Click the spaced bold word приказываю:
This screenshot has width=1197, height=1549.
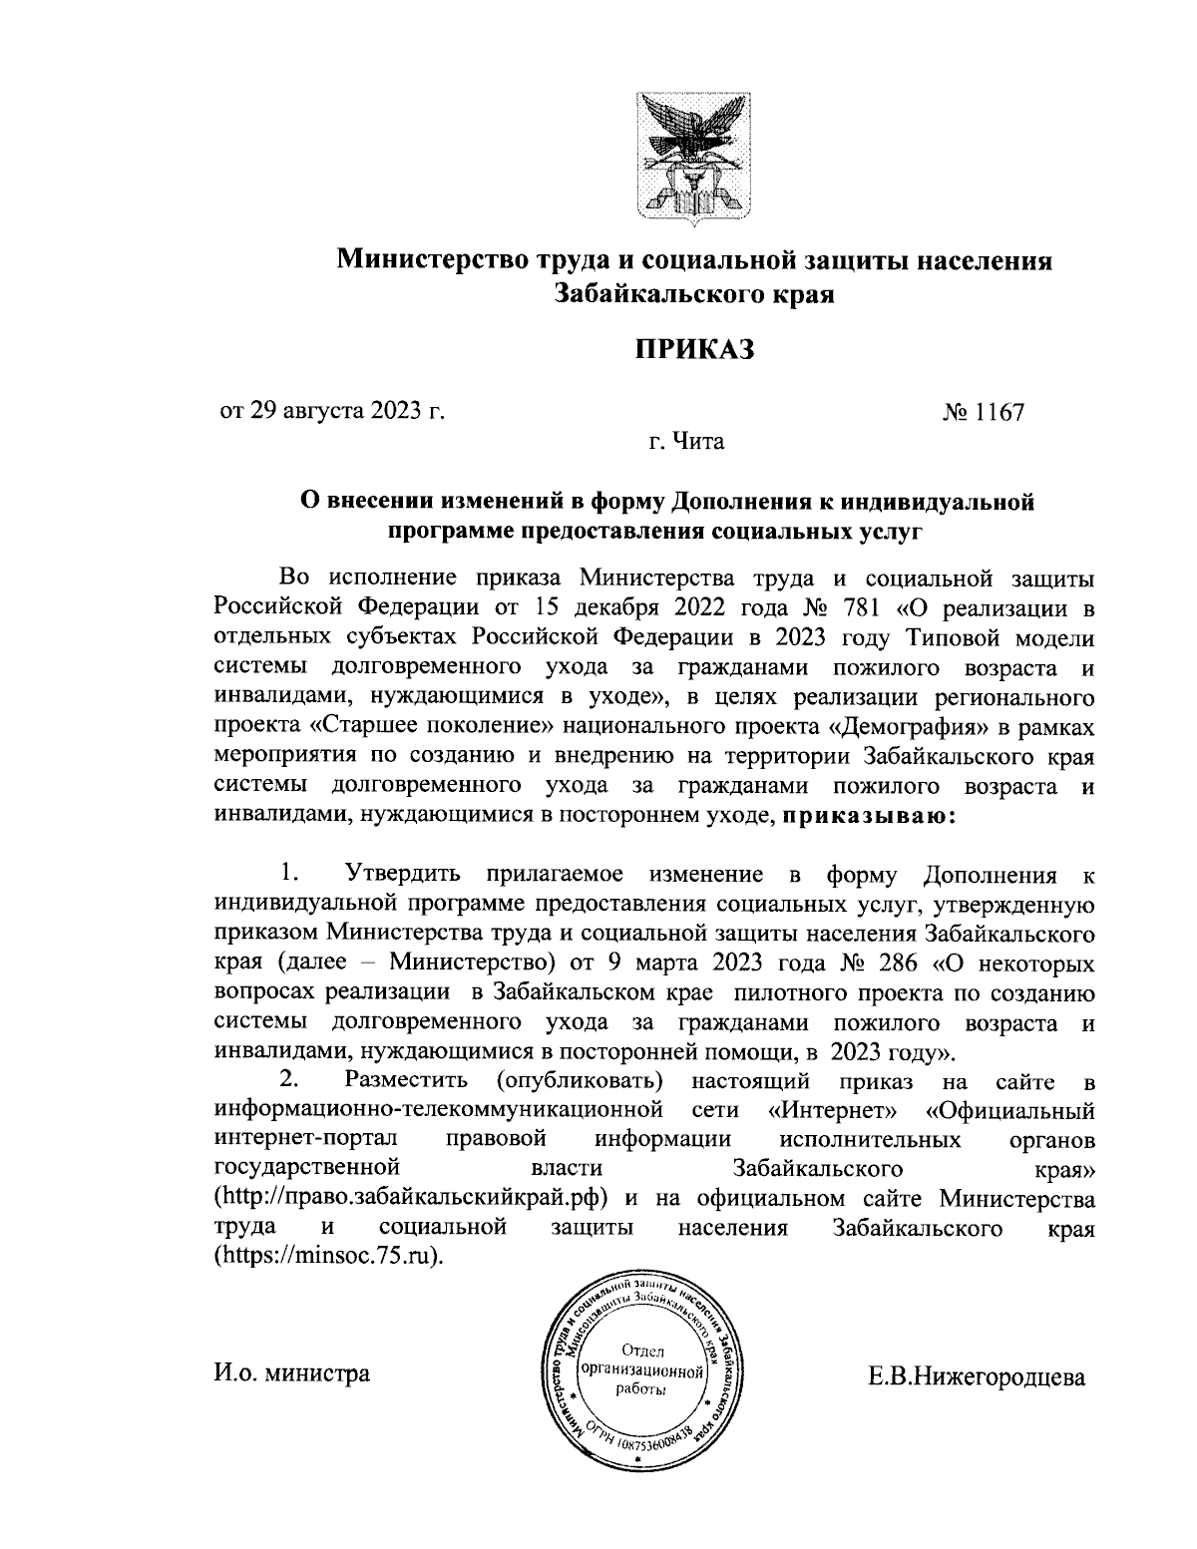(869, 815)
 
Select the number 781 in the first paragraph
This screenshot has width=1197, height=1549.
(877, 606)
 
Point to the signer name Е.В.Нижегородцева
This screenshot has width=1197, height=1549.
(977, 1377)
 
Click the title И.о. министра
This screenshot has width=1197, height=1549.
(292, 1373)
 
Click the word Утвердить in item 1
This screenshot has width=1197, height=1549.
(403, 875)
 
